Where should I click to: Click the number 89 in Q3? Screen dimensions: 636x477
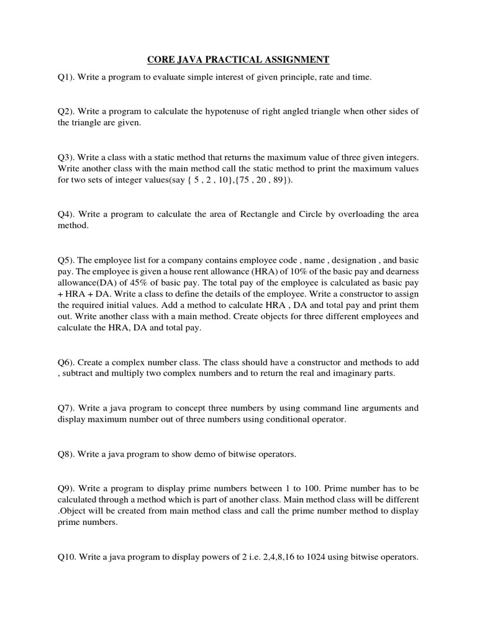(270, 180)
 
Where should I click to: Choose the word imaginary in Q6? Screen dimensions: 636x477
(349, 373)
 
